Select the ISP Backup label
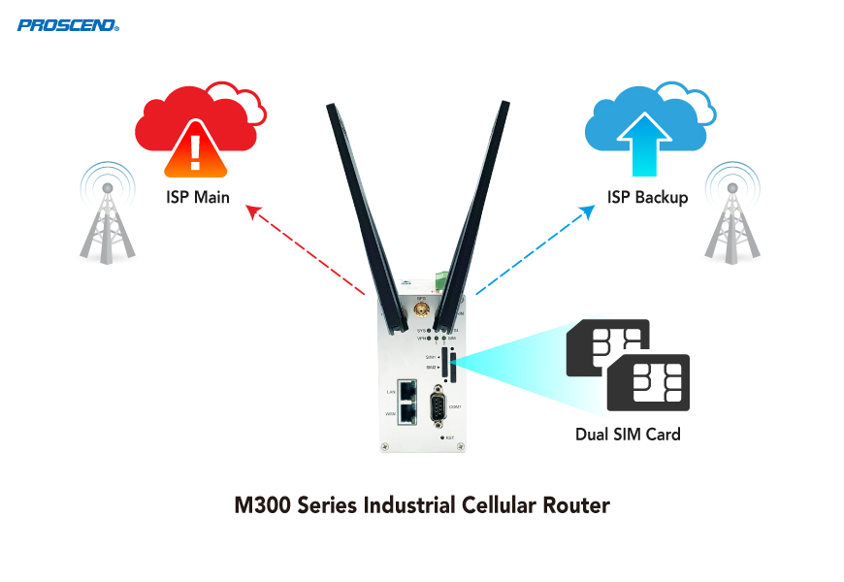pos(647,198)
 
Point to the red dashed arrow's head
pos(251,208)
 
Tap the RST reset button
pos(443,438)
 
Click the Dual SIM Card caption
pos(628,434)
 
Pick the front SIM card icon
pos(648,383)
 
